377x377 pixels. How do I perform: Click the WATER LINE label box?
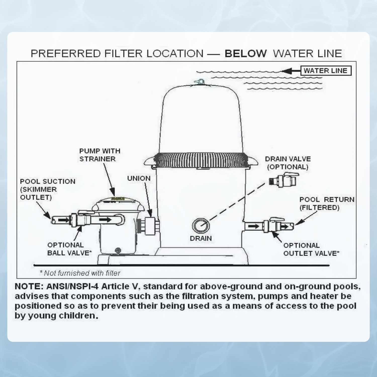325,71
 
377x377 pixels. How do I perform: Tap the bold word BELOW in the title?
246,54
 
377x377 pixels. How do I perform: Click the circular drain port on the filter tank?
201,225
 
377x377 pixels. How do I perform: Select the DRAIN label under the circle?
201,238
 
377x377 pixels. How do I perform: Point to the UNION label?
139,178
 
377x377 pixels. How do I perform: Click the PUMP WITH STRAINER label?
100,155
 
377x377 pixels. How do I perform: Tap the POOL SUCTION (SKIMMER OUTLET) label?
48,189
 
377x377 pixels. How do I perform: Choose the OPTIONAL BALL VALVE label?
69,249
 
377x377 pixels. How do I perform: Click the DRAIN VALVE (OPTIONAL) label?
288,163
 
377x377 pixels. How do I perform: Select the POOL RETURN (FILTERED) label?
326,203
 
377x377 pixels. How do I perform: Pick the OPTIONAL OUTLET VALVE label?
311,249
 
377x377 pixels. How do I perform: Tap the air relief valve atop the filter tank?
200,82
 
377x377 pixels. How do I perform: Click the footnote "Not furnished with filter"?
80,273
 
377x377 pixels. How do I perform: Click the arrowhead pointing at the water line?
287,71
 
